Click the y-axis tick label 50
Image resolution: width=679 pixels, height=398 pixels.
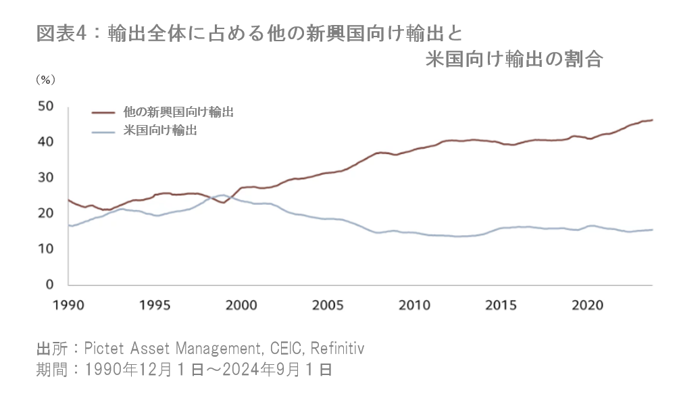[x=45, y=107]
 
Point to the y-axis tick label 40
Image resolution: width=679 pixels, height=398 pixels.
[x=45, y=142]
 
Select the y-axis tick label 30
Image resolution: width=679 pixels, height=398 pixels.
[x=45, y=178]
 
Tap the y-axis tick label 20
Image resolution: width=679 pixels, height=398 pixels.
[x=45, y=214]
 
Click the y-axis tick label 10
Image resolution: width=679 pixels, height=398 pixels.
[x=45, y=249]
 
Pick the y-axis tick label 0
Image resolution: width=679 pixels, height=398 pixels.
[x=49, y=284]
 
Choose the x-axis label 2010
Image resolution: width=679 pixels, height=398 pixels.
[x=413, y=304]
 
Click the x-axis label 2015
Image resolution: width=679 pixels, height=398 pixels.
[x=501, y=304]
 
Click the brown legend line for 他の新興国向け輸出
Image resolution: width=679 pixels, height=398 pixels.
[x=103, y=113]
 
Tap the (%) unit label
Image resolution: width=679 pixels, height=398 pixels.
[x=45, y=79]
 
